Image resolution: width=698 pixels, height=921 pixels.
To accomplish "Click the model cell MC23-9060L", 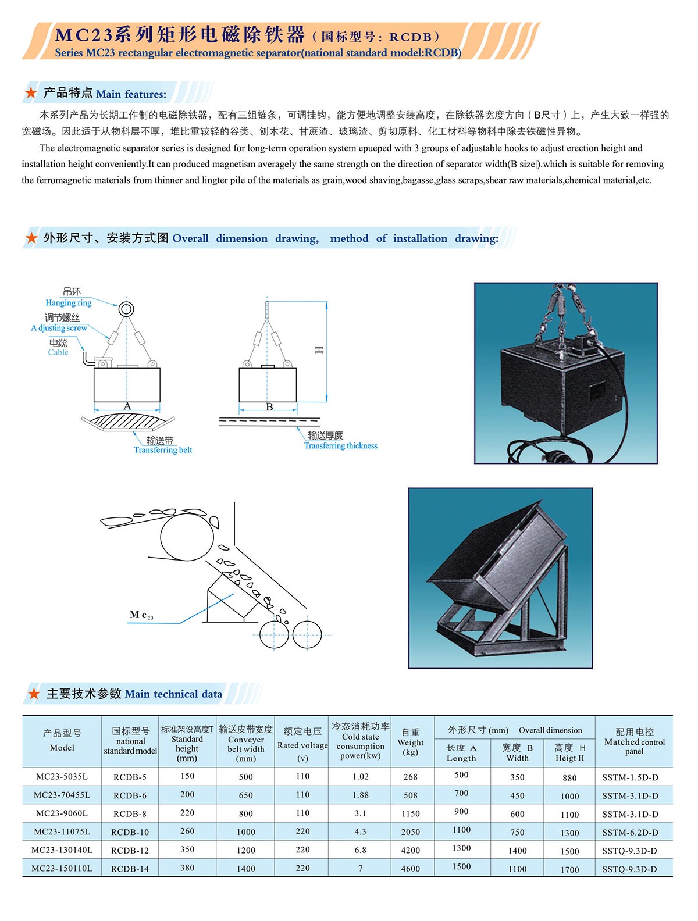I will [x=62, y=813].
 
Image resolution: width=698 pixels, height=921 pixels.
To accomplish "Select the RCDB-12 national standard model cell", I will [x=130, y=850].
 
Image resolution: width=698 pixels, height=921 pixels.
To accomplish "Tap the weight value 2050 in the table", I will [x=410, y=832].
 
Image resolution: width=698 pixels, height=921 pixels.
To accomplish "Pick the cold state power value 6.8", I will [x=360, y=850].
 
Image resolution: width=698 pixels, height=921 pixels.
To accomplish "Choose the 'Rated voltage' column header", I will [x=302, y=745].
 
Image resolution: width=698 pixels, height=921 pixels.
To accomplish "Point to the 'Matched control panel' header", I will [x=634, y=742].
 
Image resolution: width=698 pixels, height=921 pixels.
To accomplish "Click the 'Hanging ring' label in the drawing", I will [x=69, y=303].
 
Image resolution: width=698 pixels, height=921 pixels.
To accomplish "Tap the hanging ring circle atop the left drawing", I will [x=126, y=309].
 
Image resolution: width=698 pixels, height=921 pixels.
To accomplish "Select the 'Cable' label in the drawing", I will [x=58, y=352].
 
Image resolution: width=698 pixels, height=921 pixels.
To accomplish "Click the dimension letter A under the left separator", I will [x=127, y=406].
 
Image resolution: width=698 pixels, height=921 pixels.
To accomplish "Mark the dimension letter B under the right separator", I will [x=269, y=407].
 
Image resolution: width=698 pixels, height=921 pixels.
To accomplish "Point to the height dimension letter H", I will [x=319, y=349].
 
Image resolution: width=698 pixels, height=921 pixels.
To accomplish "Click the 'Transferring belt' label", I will [x=163, y=450].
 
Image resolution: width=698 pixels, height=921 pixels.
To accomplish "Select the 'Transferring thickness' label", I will [x=341, y=446].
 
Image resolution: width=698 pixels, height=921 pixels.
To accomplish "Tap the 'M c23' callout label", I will [x=141, y=615].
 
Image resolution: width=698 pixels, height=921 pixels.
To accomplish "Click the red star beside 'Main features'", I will [x=31, y=93].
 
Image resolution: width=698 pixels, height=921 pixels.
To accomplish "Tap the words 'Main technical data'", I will [x=173, y=694].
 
